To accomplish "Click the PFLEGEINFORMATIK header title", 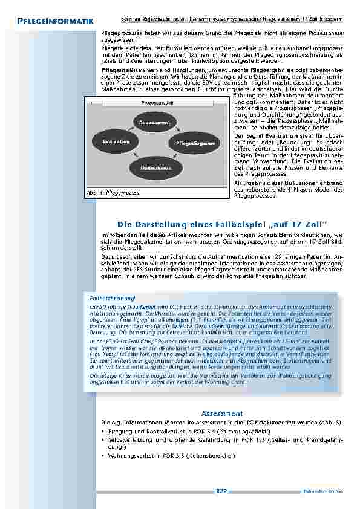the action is [52, 22].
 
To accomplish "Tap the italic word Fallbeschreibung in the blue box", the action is [111, 299].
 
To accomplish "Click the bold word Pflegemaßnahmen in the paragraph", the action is [124, 70].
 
